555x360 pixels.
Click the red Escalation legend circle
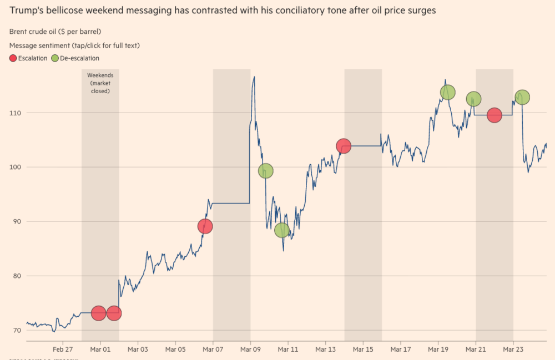(13, 58)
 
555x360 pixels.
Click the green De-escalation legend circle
(54, 58)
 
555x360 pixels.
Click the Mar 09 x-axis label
(250, 349)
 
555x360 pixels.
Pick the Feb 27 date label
(63, 349)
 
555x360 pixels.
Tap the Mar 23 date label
(513, 349)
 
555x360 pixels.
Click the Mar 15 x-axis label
(363, 349)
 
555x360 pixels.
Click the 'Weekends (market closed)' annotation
(100, 83)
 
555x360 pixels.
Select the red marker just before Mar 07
(205, 226)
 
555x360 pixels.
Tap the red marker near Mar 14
(344, 146)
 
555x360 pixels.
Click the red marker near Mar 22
(495, 115)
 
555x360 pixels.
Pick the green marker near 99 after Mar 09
(266, 171)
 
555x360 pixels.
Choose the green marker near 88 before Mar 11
(282, 230)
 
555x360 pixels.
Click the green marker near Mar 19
(448, 92)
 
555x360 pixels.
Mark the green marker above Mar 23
(522, 97)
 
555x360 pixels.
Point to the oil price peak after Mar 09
(254, 77)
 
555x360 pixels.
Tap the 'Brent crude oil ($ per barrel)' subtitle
(63, 32)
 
